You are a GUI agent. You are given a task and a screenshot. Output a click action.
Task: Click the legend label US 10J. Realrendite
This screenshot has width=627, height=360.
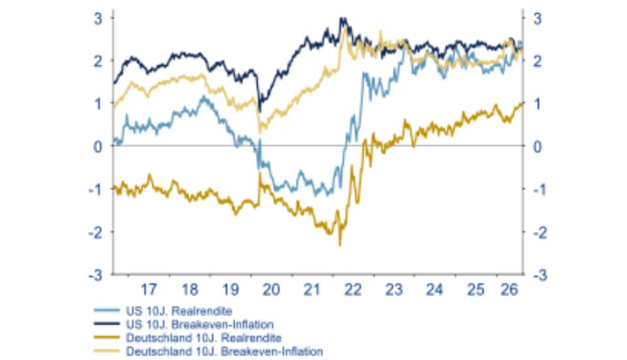[x=179, y=311]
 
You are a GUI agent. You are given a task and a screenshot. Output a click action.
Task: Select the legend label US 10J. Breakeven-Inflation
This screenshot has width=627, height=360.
[x=199, y=324]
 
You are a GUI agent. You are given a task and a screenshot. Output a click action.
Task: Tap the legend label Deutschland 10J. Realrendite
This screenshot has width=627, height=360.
[x=203, y=338]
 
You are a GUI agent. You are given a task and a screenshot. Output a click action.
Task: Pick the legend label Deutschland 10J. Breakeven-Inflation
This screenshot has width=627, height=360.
[x=224, y=352]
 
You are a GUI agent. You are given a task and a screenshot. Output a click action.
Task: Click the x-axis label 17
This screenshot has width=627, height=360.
[x=149, y=289]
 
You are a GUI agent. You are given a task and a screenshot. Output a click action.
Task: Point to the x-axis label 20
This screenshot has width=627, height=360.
[x=271, y=289]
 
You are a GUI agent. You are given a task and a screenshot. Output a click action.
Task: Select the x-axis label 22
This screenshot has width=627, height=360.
[x=353, y=289]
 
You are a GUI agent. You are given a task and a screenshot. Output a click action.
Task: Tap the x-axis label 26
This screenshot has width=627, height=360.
[x=510, y=289]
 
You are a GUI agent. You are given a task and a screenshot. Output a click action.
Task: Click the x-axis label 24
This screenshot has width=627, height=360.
[x=435, y=289]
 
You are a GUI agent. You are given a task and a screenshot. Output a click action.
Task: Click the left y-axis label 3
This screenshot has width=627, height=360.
[x=98, y=19]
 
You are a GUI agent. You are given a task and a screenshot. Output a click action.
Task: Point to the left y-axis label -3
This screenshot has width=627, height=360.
[x=96, y=275]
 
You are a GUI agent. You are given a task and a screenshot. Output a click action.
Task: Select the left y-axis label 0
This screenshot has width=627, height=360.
[x=98, y=147]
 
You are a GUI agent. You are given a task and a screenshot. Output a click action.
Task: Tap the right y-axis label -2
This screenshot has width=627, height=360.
[x=540, y=232]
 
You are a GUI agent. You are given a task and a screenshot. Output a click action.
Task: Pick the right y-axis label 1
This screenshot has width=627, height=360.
[x=538, y=104]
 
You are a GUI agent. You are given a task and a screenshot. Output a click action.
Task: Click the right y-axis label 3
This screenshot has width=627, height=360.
[x=538, y=19]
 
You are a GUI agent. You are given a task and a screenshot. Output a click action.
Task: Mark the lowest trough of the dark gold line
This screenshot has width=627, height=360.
[x=340, y=246]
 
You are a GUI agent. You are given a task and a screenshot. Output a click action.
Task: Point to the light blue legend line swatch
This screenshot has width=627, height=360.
[x=107, y=310]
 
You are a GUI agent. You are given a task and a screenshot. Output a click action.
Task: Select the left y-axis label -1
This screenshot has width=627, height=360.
[x=96, y=190]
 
